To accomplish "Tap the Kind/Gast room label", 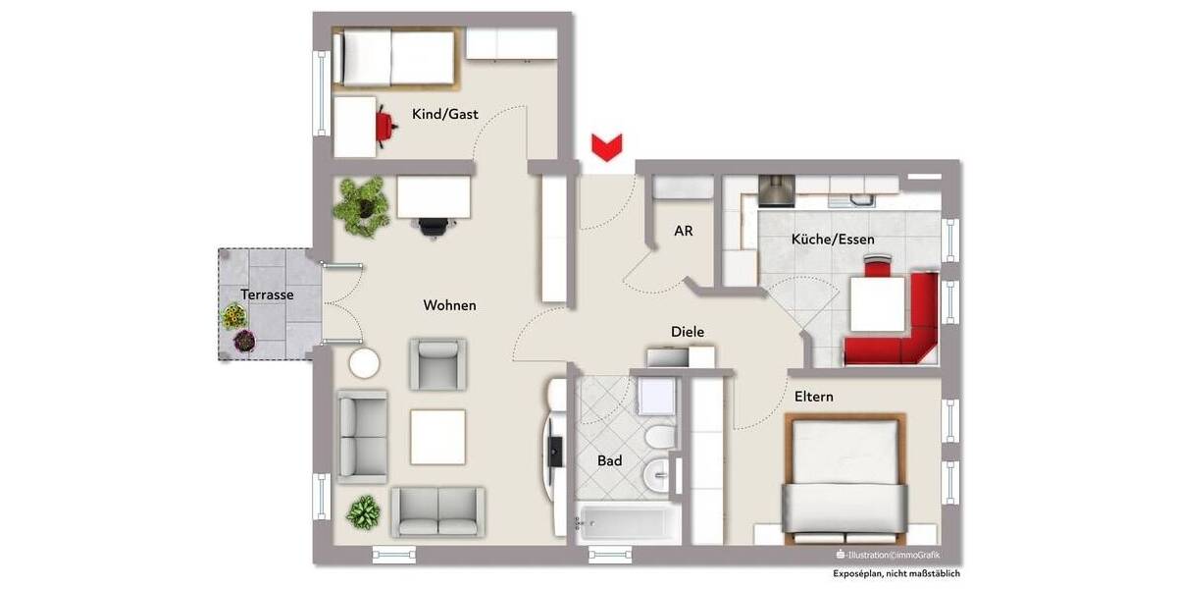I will click(445, 115).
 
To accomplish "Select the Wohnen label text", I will click(449, 305).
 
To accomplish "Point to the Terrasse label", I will click(267, 294).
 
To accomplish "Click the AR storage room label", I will click(684, 232).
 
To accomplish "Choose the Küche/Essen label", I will click(833, 239).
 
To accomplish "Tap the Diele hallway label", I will click(687, 332).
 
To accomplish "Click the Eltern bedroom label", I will click(814, 397).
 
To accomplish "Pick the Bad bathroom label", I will click(609, 460).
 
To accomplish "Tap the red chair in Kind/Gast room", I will click(384, 123).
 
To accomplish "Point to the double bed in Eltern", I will click(844, 476).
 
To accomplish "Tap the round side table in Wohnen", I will click(364, 363).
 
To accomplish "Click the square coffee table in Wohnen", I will click(437, 435).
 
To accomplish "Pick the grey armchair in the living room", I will click(438, 364).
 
